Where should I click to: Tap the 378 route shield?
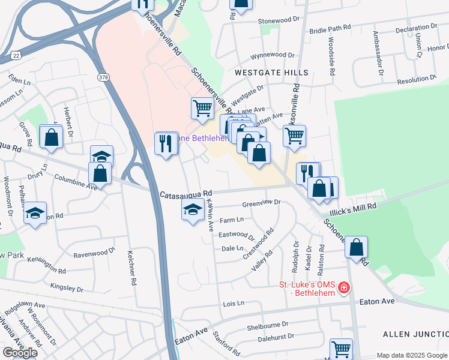(x=103, y=77)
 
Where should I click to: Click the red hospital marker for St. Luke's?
(x=343, y=289)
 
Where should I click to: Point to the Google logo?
(x=20, y=353)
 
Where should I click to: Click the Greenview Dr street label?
(x=261, y=203)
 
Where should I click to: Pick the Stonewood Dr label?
(x=278, y=20)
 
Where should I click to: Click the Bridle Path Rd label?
(x=330, y=29)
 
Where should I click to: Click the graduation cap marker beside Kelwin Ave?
(x=192, y=210)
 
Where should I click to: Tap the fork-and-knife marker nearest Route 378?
(x=166, y=144)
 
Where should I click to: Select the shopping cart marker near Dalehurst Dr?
(x=342, y=348)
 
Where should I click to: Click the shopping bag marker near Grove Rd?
(x=52, y=137)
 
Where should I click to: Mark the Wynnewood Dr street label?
(x=273, y=55)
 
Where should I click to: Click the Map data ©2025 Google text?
(x=412, y=355)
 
